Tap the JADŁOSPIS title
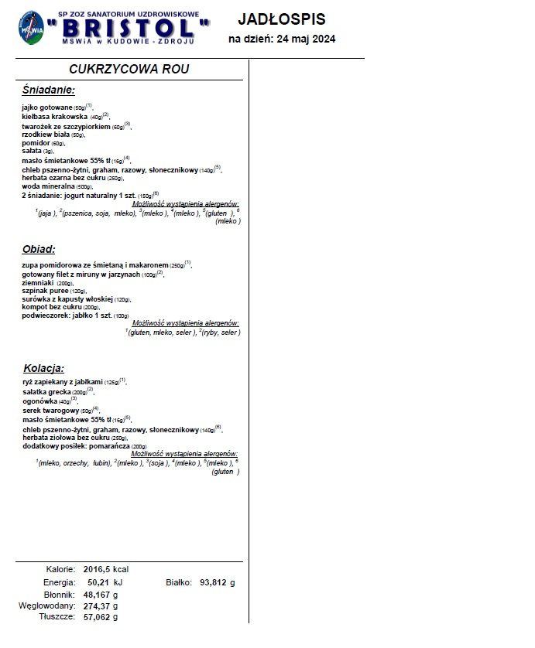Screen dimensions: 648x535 pos(281,19)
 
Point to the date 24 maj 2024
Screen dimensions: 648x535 pos(304,39)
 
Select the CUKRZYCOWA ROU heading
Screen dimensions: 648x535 pos(129,69)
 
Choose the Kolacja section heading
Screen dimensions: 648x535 pos(43,367)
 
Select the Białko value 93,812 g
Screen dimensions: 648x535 pos(217,582)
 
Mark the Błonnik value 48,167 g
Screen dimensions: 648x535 pos(102,595)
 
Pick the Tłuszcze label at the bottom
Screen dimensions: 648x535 pos(57,618)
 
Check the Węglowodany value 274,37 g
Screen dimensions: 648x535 pos(102,606)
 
